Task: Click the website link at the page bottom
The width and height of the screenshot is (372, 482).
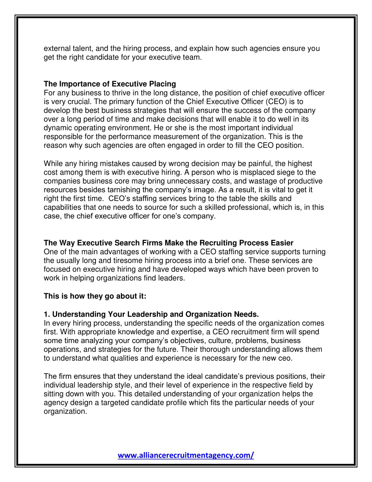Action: [186, 455]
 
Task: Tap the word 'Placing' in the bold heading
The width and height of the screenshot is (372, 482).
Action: [162, 84]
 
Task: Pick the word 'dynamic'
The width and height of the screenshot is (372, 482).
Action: [57, 128]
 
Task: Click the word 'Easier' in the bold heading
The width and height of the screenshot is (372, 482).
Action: [282, 243]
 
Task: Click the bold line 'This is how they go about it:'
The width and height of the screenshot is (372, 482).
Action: [95, 296]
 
